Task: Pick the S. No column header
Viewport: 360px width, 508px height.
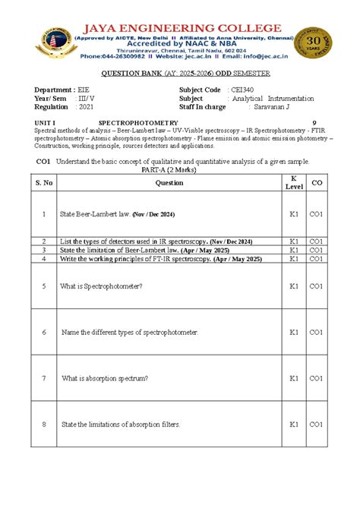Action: [x=44, y=182]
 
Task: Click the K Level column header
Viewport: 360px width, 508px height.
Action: [x=294, y=182]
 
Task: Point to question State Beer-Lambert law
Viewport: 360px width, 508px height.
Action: [x=95, y=215]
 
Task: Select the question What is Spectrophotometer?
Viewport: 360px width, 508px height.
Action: [x=103, y=286]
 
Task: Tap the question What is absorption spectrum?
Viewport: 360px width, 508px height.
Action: [x=105, y=377]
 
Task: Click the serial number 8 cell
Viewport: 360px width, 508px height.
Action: [x=44, y=424]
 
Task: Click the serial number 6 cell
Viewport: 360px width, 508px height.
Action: [x=44, y=333]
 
